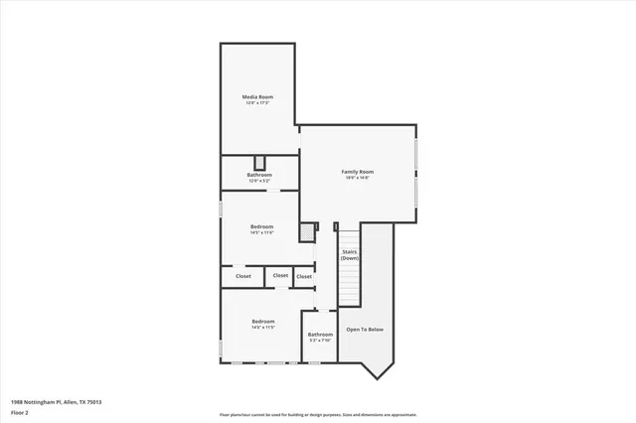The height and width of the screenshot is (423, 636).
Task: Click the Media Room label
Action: coord(257,96)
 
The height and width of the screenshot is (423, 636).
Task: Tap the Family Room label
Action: coord(357,172)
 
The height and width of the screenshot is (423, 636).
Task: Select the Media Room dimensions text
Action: coord(257,103)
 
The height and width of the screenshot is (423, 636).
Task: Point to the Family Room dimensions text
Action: coord(357,179)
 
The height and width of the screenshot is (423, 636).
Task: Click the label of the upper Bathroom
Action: coord(259,175)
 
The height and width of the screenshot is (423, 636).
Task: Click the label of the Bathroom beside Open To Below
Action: coord(320,335)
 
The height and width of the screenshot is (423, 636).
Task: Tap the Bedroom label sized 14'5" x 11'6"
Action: coord(262,226)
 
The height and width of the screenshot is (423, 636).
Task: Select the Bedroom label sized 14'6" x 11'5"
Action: coord(263,321)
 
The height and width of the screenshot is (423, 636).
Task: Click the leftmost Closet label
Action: coord(243,276)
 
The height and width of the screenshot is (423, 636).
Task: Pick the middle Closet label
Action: coord(280,276)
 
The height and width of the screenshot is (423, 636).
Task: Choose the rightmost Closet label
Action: coord(304,276)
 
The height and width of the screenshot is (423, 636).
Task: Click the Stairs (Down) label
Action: coord(350,254)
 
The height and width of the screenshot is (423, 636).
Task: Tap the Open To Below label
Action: coord(365,329)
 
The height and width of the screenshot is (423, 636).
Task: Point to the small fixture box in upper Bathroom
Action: coord(260,163)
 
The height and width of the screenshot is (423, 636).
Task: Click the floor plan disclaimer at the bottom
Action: coord(318,414)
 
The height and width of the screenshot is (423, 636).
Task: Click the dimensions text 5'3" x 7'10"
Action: coord(320,341)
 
